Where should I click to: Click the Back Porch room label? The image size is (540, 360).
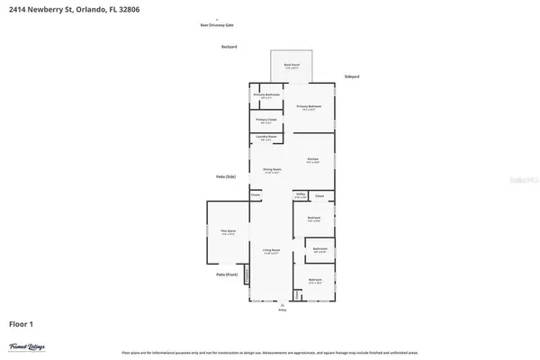(291, 65)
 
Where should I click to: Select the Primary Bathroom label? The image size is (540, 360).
(266, 95)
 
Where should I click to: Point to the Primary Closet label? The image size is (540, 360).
(266, 120)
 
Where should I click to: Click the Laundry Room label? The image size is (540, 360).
(266, 138)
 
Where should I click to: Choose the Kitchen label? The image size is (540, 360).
(312, 159)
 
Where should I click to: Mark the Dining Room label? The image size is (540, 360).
(273, 170)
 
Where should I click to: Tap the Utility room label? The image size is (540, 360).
(301, 195)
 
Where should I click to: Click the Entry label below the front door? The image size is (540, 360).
(283, 309)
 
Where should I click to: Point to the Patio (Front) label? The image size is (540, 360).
(227, 274)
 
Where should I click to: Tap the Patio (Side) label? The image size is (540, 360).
(225, 176)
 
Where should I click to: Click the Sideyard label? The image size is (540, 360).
(353, 76)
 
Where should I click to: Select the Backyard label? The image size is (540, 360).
(229, 47)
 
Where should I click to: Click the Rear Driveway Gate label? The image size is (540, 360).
(216, 25)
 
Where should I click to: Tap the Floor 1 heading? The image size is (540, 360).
(22, 322)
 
